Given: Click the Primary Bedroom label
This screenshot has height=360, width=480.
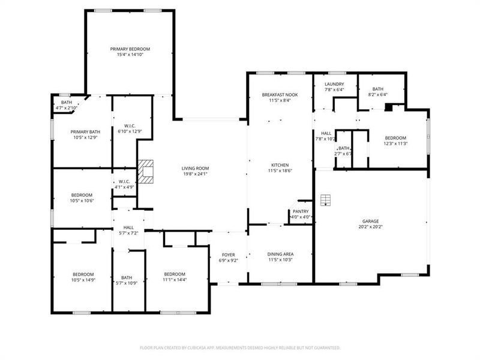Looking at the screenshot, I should click(130, 49).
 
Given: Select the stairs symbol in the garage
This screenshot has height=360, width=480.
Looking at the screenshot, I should click(325, 199).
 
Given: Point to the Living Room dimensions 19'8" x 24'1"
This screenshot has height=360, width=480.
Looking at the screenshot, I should click(194, 175).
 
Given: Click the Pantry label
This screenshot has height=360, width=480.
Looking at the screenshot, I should click(300, 211).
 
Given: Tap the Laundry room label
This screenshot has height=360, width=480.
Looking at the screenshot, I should click(334, 84).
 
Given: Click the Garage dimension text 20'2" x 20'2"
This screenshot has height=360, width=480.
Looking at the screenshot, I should click(370, 227).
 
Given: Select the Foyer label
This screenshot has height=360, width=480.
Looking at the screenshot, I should click(229, 254).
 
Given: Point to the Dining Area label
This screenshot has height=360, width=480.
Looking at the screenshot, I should click(280, 254).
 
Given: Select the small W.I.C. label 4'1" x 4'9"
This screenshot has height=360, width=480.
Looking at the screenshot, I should click(124, 182).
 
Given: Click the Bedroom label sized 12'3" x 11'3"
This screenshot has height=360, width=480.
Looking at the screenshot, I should click(395, 137).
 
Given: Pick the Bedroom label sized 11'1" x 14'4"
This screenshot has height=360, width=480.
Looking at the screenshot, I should click(175, 274).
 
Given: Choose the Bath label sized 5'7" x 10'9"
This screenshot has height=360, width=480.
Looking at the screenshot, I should click(127, 277).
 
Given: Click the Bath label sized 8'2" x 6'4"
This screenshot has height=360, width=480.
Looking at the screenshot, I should click(377, 89).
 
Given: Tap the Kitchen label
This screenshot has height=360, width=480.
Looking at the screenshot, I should click(280, 165).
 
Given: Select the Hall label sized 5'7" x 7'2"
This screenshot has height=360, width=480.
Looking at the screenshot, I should click(128, 227).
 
